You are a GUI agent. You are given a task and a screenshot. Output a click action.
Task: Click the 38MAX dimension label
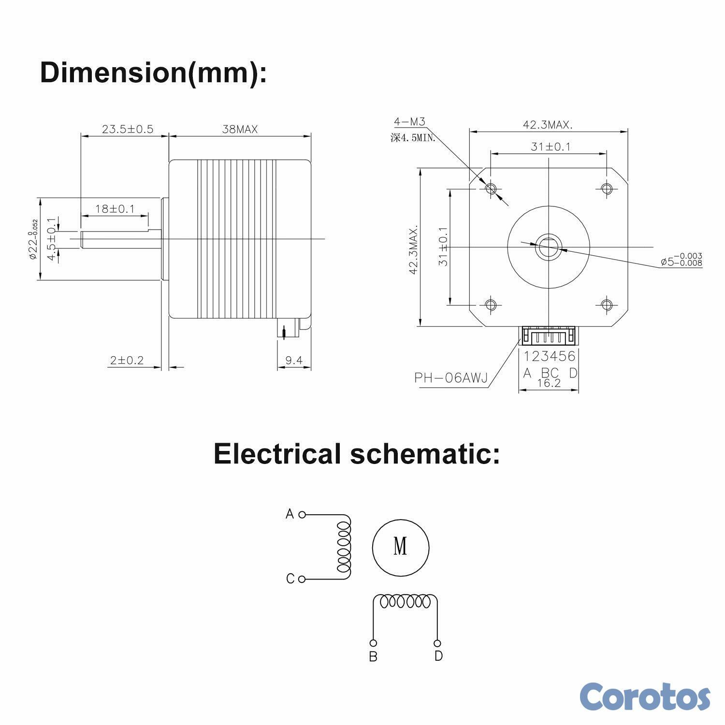pyautogui.click(x=240, y=130)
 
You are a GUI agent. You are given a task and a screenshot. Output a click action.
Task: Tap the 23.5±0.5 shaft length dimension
pyautogui.click(x=127, y=129)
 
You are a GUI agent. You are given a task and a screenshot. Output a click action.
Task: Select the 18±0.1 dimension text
pyautogui.click(x=115, y=209)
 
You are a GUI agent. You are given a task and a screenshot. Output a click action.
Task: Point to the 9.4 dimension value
pyautogui.click(x=293, y=360)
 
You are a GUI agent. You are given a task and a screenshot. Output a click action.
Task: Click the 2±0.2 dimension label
pyautogui.click(x=127, y=360)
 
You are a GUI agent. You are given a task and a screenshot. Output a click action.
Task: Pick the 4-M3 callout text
pyautogui.click(x=409, y=122)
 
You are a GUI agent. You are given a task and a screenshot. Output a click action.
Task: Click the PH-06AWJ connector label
pyautogui.click(x=451, y=378)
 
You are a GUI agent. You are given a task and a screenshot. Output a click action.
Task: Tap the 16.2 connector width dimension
pyautogui.click(x=549, y=383)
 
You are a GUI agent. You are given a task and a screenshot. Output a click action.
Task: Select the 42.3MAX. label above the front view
pyautogui.click(x=548, y=125)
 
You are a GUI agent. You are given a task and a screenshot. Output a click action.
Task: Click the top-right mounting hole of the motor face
pyautogui.click(x=607, y=188)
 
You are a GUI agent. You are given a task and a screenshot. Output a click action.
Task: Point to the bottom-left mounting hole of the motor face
pyautogui.click(x=491, y=304)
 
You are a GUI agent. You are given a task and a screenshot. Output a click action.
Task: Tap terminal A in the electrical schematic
pyautogui.click(x=302, y=515)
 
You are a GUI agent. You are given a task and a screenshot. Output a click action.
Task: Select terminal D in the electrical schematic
pyautogui.click(x=437, y=643)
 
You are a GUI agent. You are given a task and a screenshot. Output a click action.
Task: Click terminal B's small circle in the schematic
pyautogui.click(x=373, y=643)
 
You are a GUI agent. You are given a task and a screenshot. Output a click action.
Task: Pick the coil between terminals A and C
pyautogui.click(x=344, y=547)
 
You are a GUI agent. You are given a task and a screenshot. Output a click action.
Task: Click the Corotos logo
pyautogui.click(x=645, y=696)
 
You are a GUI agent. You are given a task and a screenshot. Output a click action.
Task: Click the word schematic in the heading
pyautogui.click(x=425, y=454)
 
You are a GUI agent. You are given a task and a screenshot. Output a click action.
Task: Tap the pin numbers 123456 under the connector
pyautogui.click(x=550, y=356)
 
